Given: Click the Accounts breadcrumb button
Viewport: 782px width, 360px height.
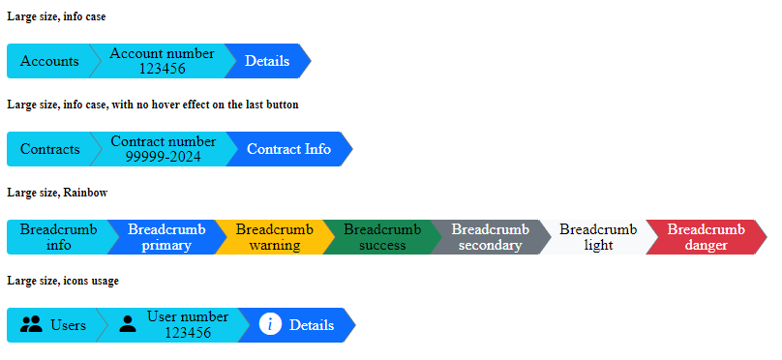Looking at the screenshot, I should [48, 61].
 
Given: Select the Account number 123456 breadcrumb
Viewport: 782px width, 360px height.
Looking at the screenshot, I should [162, 61].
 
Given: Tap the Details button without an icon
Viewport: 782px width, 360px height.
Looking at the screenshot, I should [267, 61].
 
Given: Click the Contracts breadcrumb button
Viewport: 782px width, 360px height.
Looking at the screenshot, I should [49, 149].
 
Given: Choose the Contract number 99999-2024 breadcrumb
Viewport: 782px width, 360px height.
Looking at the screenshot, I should [163, 149].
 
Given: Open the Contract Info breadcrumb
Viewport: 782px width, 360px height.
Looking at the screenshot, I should [288, 149].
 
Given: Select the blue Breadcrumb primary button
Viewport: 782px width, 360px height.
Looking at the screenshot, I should [166, 237].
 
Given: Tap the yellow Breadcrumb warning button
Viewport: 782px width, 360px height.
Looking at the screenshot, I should [274, 237].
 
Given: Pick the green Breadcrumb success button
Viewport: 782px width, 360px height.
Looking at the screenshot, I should [382, 237].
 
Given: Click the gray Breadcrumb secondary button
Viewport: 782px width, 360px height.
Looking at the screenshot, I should [490, 237].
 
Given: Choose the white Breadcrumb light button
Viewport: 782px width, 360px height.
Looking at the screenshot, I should [598, 237].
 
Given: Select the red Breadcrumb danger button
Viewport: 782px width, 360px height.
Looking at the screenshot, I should [706, 237].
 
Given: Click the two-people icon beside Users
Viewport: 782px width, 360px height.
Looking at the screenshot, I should [31, 325].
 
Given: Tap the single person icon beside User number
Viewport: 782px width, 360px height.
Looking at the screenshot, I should [128, 325].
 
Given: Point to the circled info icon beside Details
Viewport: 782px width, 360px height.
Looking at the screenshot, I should [271, 325].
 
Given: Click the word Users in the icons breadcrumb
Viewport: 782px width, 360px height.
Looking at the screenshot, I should [68, 325].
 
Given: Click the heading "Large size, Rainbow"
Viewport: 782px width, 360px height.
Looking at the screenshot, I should [56, 193].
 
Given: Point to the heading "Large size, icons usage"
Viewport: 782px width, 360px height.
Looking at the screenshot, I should [63, 281].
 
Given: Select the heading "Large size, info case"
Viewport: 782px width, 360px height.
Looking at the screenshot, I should [56, 16].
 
